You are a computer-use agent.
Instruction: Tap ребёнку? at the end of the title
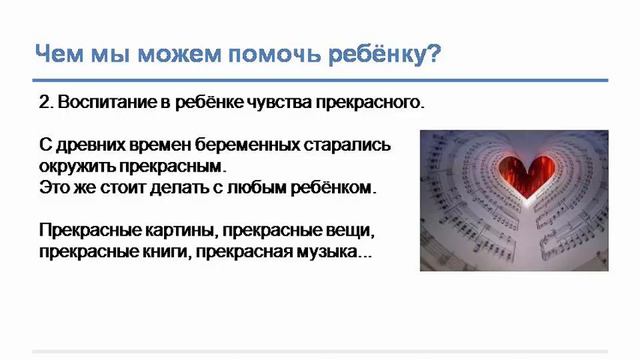(385, 52)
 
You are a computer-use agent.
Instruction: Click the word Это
(54, 187)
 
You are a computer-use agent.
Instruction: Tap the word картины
(176, 231)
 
